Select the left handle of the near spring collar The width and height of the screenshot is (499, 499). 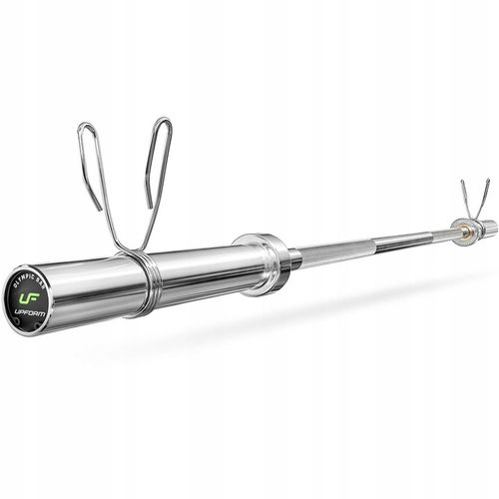[91, 165]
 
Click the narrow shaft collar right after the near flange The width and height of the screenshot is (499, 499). [292, 258]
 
